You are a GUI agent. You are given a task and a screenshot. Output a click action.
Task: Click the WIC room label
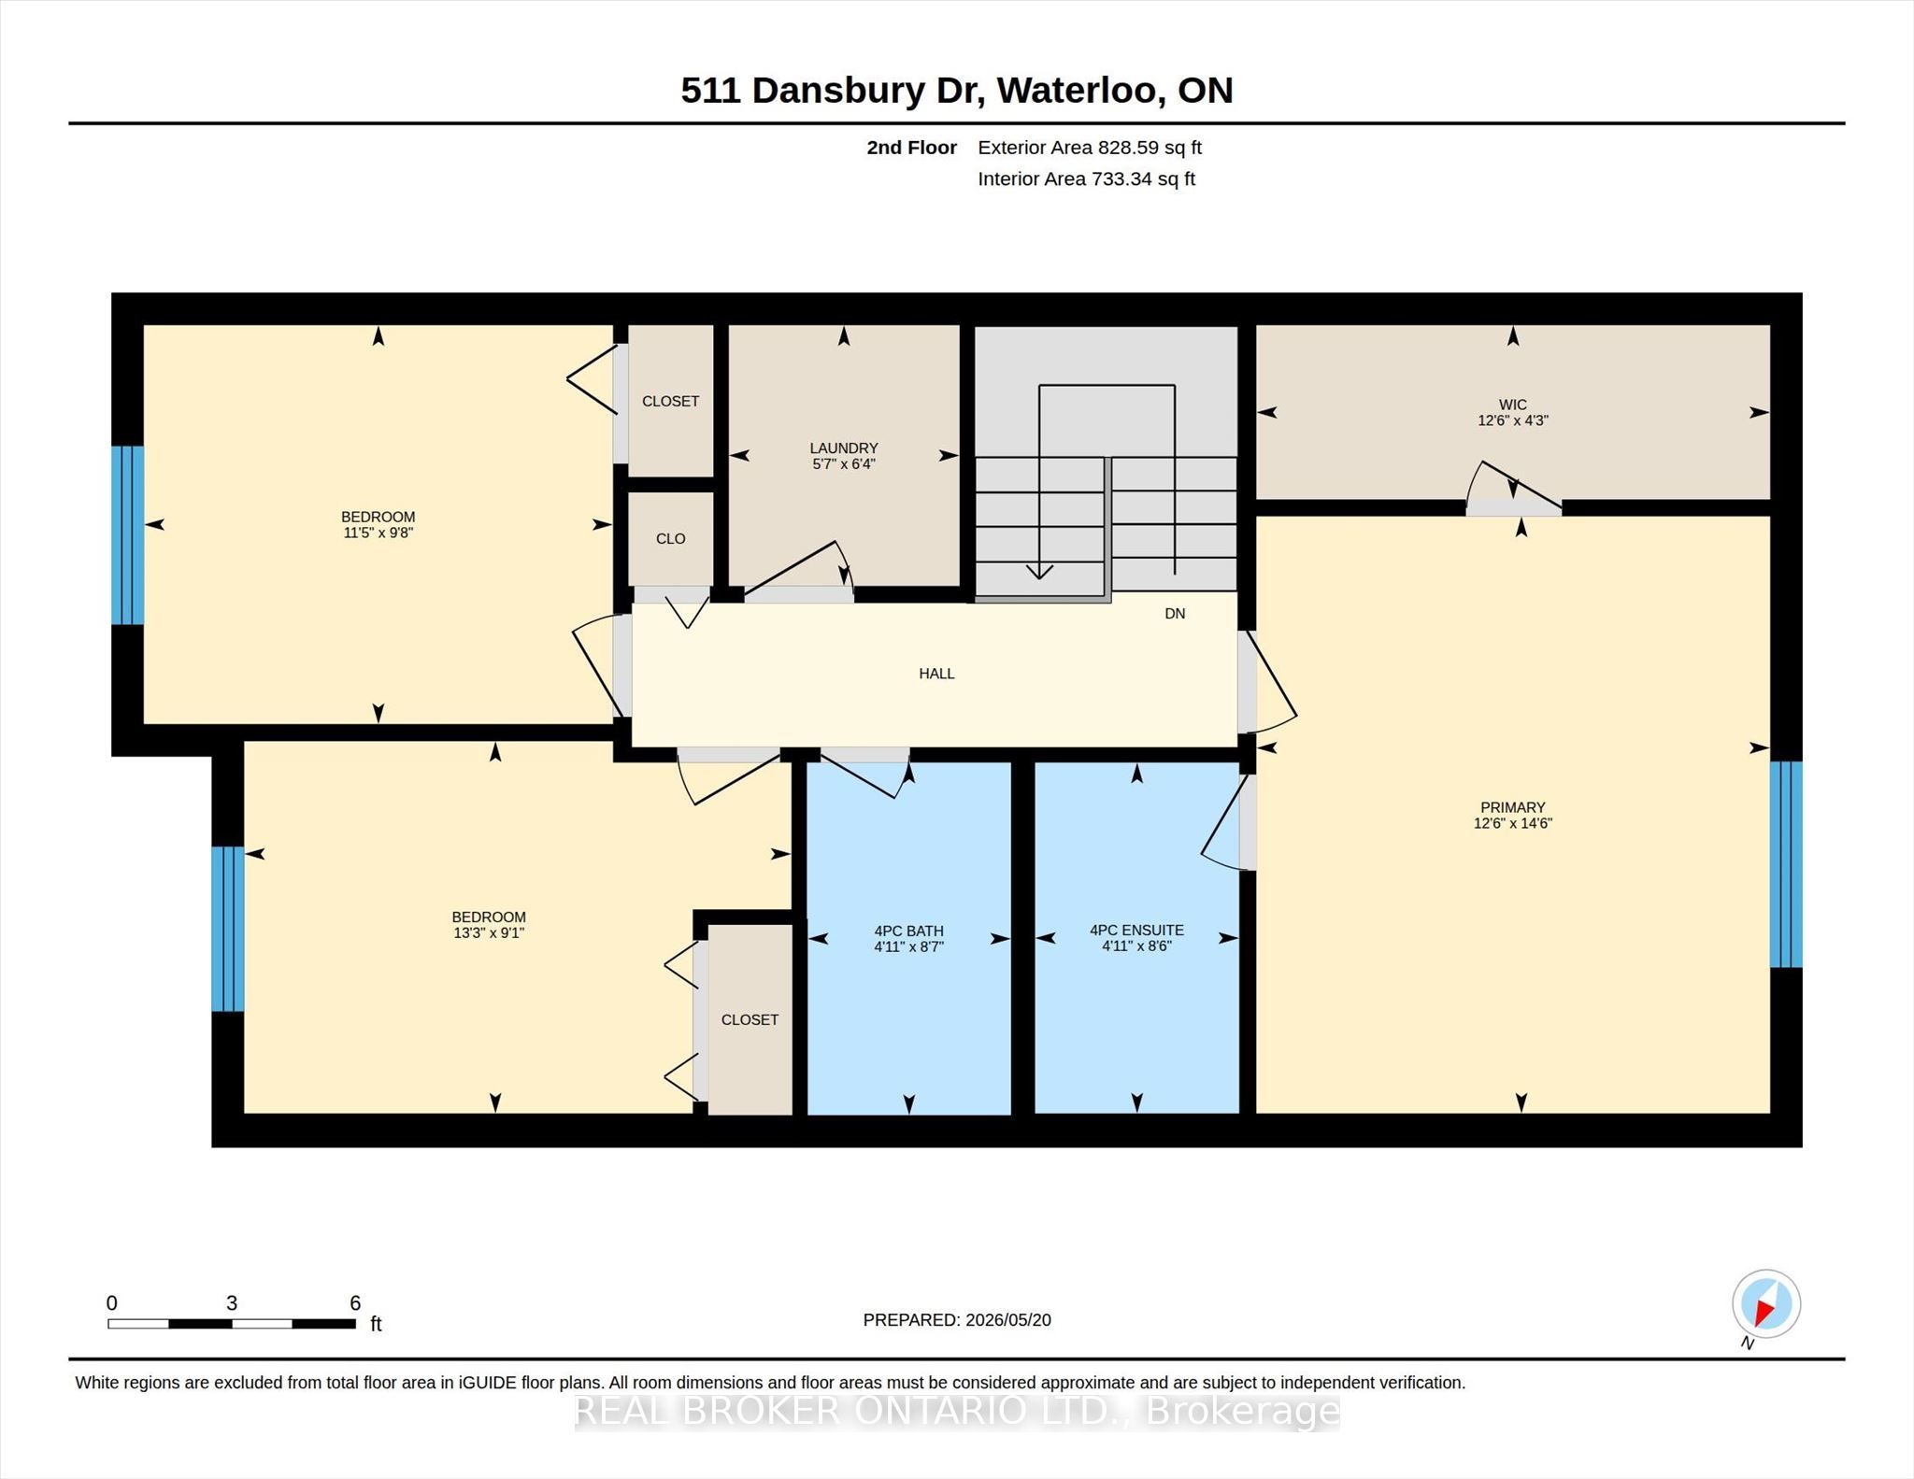(1512, 405)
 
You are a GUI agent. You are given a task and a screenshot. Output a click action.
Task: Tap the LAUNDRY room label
(843, 448)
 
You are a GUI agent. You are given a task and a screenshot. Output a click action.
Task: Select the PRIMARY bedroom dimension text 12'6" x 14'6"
(1512, 823)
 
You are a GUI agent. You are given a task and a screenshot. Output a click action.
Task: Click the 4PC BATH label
(908, 931)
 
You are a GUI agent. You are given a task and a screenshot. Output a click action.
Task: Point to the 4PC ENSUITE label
(1136, 930)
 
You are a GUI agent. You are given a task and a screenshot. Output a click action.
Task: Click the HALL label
(936, 674)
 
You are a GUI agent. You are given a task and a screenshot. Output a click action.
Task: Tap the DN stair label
(1175, 614)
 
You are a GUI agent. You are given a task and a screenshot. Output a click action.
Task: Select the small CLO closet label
(670, 539)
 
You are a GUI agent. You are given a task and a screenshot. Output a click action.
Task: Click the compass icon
(1765, 1304)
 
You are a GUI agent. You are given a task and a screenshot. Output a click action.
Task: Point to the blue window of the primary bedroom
(1786, 864)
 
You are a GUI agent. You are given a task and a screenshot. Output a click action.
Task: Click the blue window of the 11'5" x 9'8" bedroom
(128, 535)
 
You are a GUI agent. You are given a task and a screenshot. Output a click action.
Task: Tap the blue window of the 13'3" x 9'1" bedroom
(228, 929)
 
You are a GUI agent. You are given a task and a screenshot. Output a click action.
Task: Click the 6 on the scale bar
(355, 1303)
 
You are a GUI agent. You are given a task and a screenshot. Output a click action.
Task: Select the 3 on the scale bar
(232, 1303)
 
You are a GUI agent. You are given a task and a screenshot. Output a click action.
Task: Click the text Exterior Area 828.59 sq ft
(1090, 148)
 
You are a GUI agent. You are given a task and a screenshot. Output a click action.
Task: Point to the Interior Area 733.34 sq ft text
(1087, 179)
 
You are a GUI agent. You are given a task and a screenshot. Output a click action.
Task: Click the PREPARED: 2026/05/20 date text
(957, 1320)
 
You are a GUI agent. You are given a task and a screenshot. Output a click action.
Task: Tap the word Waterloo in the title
(1080, 91)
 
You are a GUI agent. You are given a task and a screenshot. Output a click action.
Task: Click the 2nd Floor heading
(911, 148)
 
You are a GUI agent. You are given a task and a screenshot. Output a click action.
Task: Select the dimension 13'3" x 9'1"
(489, 932)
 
